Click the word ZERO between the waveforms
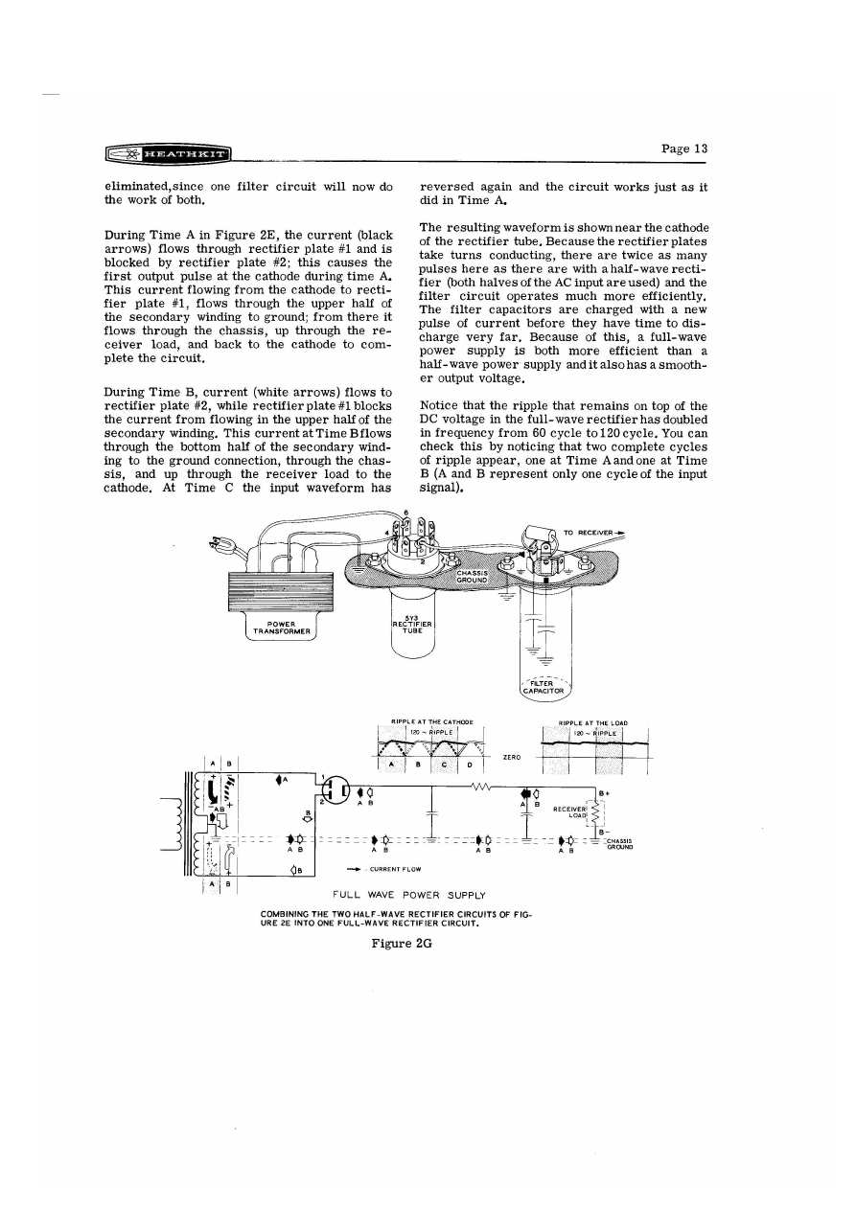pos(512,757)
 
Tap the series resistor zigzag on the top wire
pos(482,788)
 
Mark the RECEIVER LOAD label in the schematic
pos(571,813)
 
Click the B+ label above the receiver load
pos(604,793)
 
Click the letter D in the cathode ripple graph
pos(470,765)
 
